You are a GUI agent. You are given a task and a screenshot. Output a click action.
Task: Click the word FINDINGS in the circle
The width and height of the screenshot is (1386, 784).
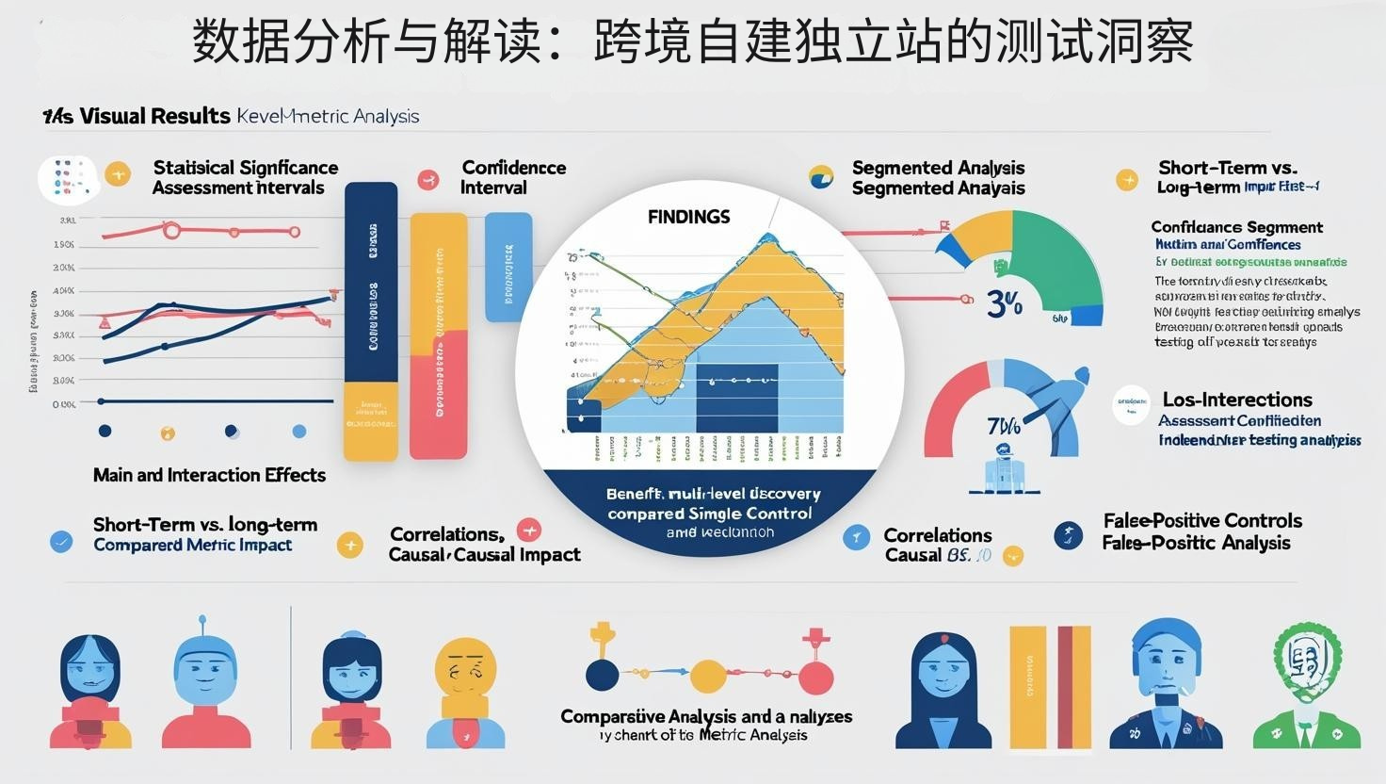point(688,217)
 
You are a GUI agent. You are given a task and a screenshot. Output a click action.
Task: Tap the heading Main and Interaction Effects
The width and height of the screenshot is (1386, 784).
point(209,475)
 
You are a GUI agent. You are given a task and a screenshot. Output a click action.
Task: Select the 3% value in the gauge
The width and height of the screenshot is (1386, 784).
point(1004,303)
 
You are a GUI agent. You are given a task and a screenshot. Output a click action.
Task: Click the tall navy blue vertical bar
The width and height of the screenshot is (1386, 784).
point(371,283)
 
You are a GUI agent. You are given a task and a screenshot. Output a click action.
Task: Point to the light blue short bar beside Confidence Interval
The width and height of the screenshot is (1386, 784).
point(508,267)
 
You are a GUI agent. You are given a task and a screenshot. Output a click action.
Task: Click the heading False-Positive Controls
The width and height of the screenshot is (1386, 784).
point(1202,520)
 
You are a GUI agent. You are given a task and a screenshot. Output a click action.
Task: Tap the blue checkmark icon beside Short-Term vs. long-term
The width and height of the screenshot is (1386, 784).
point(61,541)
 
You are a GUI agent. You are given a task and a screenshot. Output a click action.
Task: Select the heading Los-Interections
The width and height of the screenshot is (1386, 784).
point(1236,400)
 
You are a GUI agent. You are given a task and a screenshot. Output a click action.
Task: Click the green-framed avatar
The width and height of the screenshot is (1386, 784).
point(1306,685)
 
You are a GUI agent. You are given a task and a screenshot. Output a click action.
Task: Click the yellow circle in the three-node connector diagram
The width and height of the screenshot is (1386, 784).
point(707,676)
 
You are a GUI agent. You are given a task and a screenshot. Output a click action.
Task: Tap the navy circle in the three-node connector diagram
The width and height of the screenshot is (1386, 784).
point(603,676)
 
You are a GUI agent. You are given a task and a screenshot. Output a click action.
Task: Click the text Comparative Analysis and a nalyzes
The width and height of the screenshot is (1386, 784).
point(706,716)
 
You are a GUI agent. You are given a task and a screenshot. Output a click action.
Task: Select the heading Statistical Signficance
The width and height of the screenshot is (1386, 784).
point(245,168)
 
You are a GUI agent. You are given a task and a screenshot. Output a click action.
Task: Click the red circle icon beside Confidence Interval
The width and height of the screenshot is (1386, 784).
point(428,179)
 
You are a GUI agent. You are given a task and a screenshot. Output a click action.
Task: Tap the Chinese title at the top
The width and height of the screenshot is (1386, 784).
point(693,42)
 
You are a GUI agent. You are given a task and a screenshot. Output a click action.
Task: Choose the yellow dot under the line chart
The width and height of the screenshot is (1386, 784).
point(168,433)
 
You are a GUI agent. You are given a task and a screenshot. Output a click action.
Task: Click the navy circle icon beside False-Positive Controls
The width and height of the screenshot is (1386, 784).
point(1069,535)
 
